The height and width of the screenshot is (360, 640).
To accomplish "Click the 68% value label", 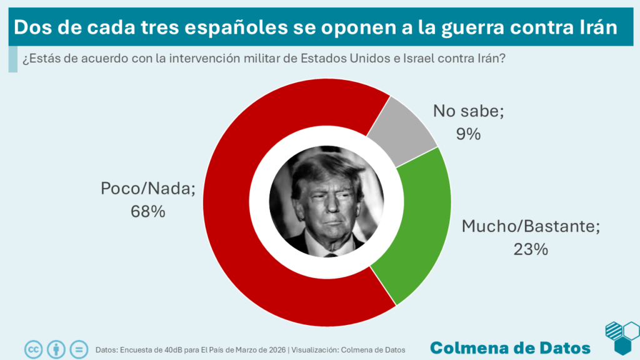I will [147, 212].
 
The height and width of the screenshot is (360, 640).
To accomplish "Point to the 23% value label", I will [531, 249].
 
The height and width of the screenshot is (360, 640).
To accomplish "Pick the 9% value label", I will [468, 133].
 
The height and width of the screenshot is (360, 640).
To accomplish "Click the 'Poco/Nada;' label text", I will [147, 189].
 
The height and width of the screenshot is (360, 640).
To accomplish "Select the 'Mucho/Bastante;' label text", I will [531, 226].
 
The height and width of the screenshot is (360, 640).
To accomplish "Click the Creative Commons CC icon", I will [33, 349].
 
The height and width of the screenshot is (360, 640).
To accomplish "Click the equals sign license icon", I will [79, 349].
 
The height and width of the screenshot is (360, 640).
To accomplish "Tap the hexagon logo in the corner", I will [621, 337].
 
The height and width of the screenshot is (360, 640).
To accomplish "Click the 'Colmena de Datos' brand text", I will [510, 347].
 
